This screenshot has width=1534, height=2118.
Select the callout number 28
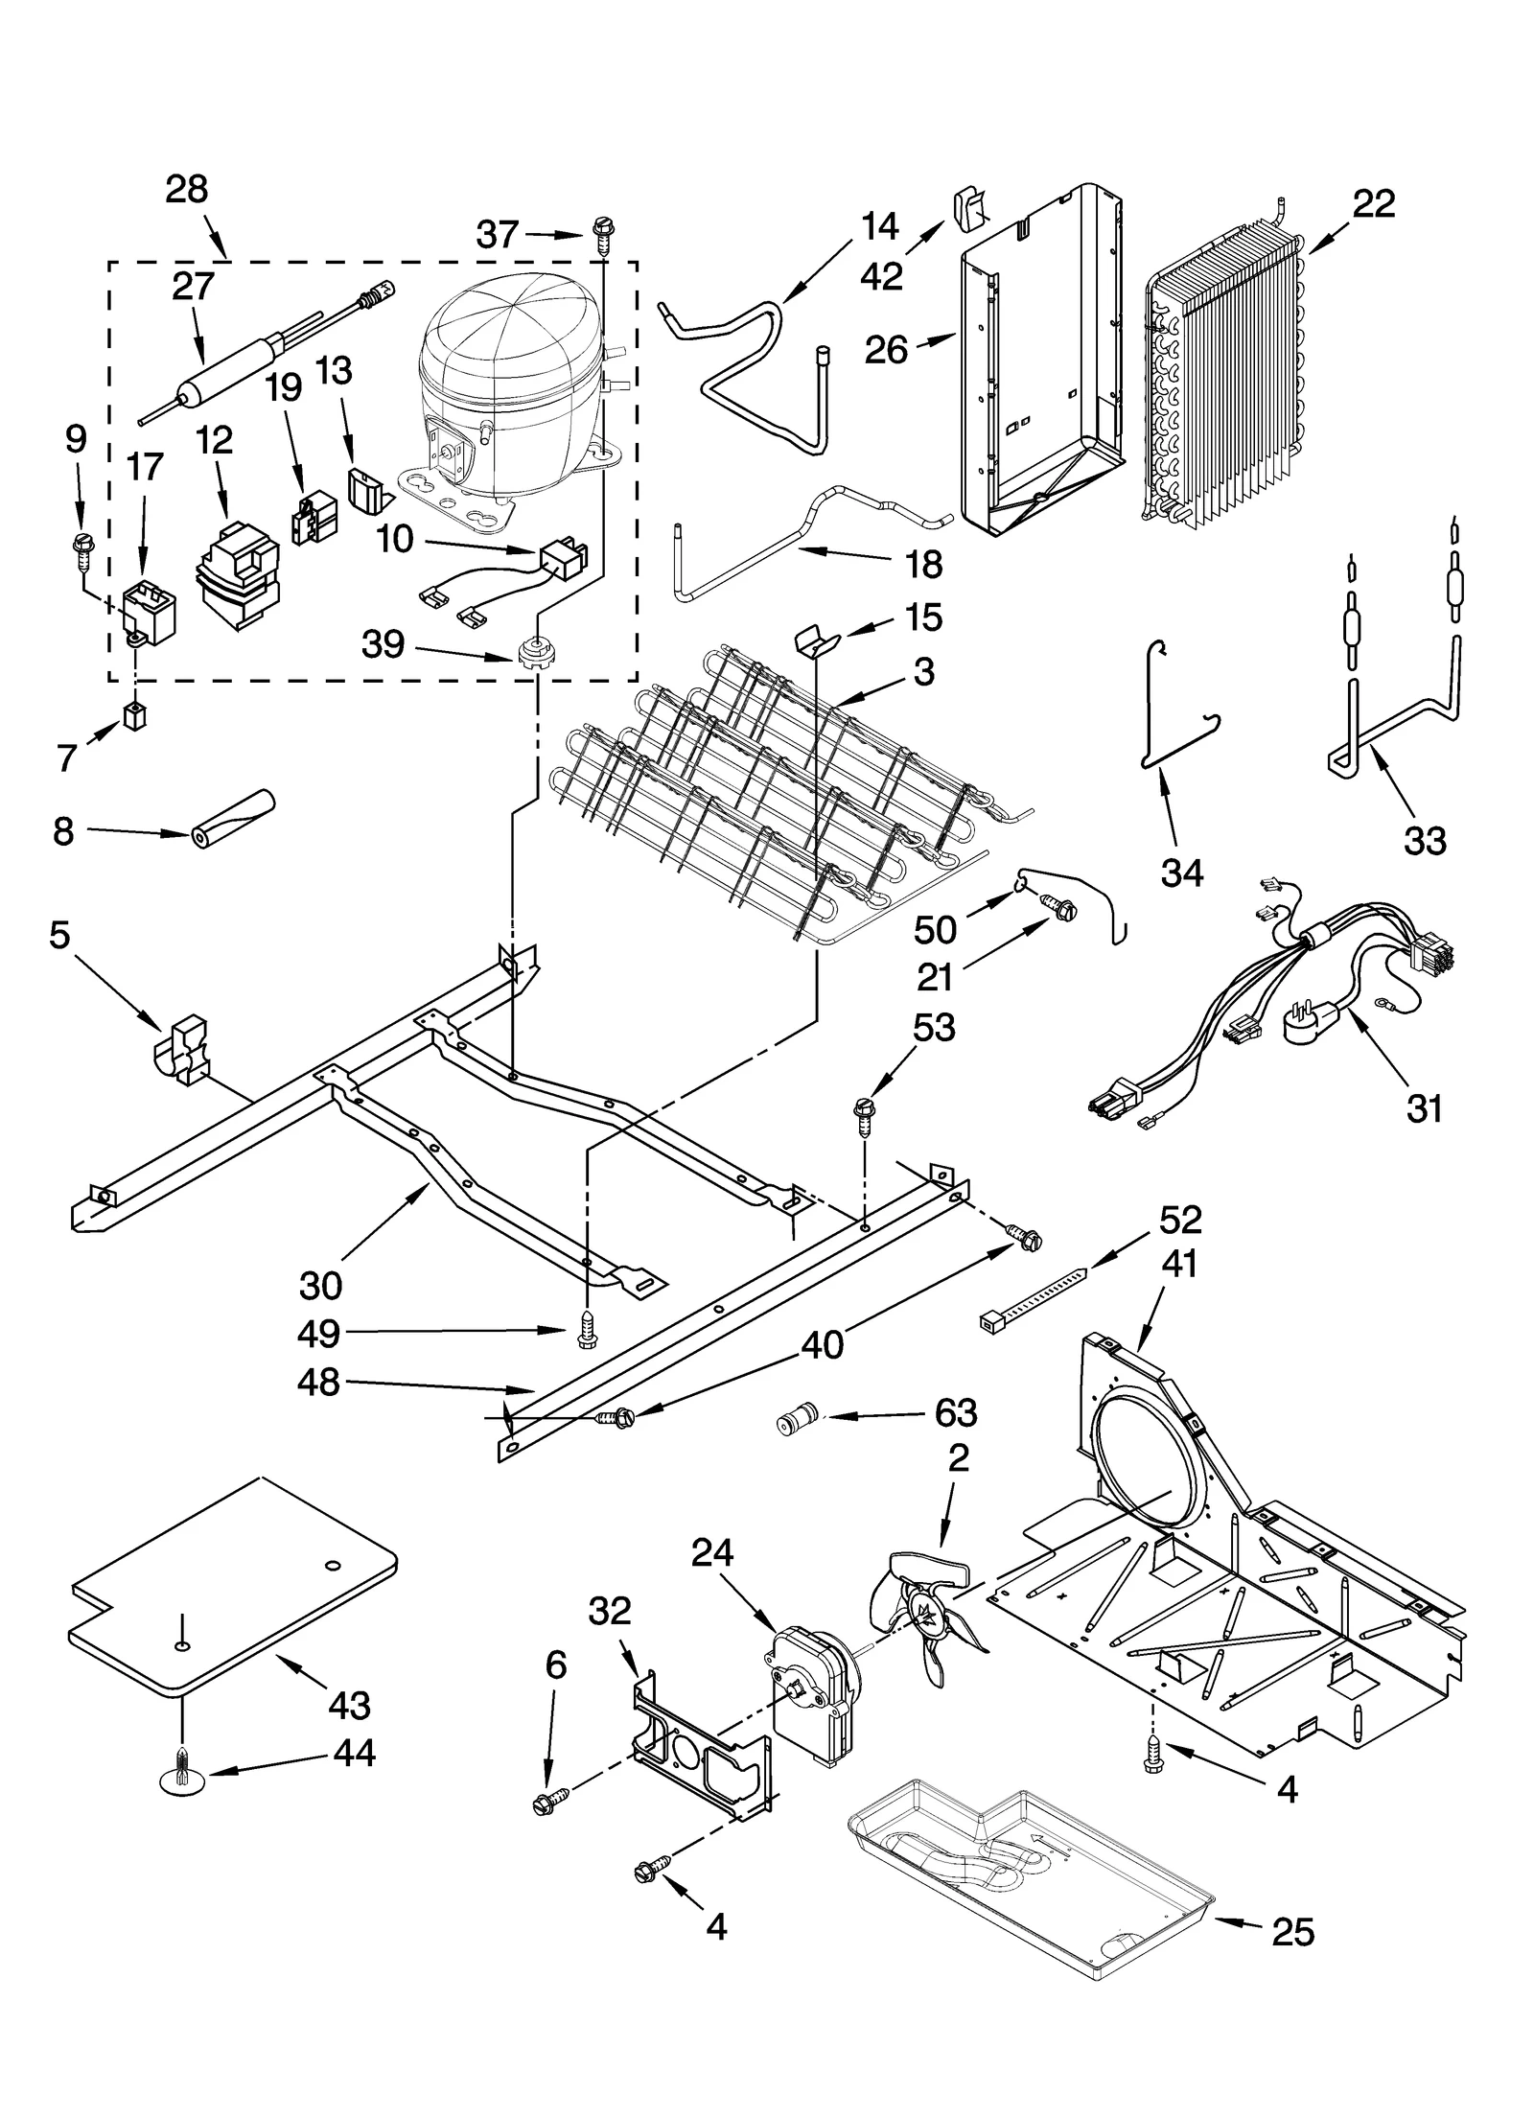tap(186, 190)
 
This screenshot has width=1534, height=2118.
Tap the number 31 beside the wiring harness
tap(1423, 1109)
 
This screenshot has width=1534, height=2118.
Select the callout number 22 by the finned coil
tap(1373, 204)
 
